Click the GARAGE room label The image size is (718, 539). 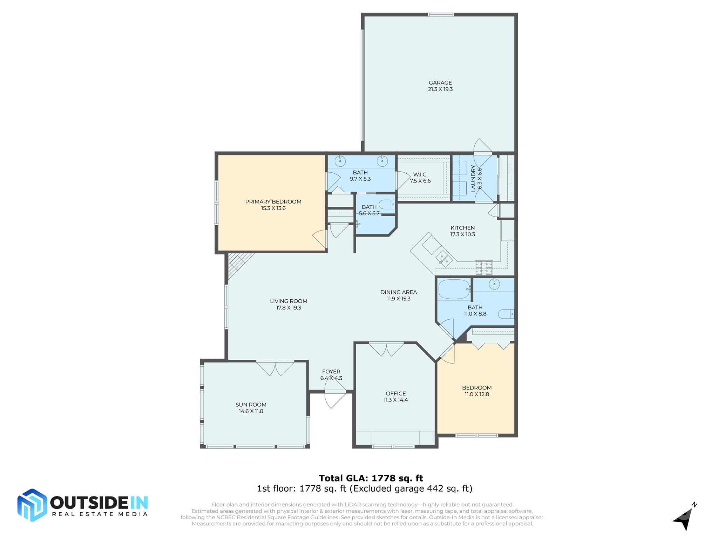click(440, 83)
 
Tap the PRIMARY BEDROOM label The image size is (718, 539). click(273, 202)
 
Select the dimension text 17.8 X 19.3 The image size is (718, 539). click(288, 308)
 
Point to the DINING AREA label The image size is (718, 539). click(398, 292)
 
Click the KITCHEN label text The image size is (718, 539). click(462, 228)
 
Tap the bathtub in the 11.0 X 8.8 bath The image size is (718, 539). click(454, 289)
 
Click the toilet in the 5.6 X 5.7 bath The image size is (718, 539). click(387, 205)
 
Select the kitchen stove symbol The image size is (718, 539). click(483, 268)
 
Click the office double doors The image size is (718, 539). click(386, 349)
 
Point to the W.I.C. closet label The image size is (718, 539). click(420, 175)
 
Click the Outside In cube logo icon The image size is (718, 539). click(32, 505)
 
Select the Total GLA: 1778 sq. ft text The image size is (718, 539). click(371, 478)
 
